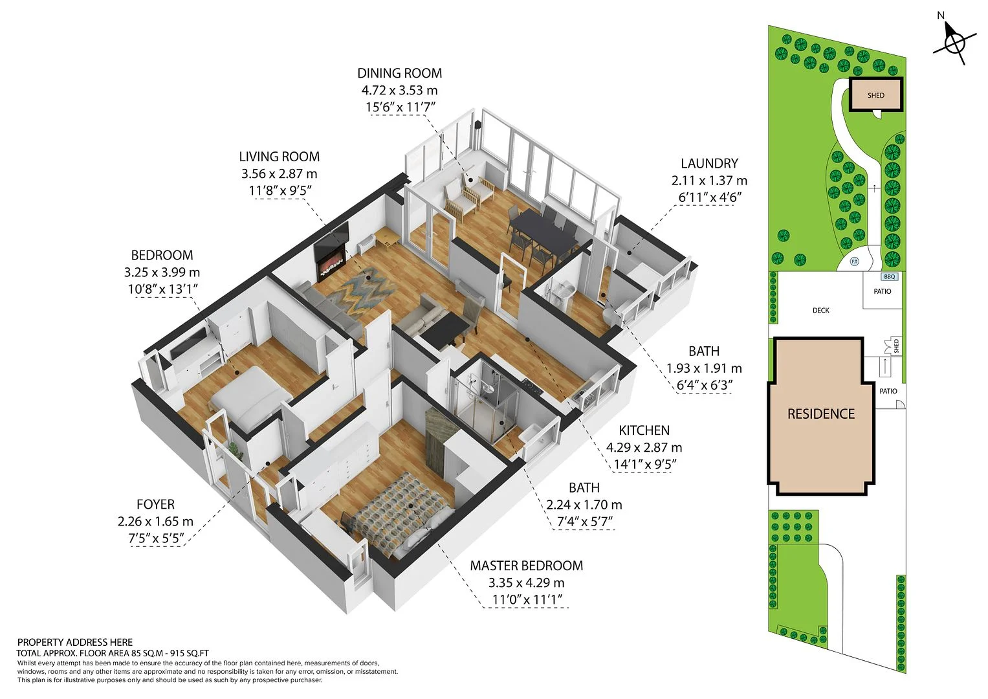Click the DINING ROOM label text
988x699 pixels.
[399, 72]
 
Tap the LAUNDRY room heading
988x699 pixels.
[708, 163]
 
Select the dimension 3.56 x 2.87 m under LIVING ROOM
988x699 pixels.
[279, 173]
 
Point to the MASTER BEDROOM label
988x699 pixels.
[526, 565]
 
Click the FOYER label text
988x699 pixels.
[155, 504]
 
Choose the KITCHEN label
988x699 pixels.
[644, 430]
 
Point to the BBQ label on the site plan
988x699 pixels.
[889, 277]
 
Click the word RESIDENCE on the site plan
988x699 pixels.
[821, 414]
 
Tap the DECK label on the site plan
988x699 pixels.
[820, 310]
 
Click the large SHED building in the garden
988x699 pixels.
[875, 95]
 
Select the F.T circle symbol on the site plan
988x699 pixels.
[854, 261]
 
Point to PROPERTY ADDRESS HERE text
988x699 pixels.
[75, 643]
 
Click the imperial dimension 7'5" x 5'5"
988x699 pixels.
[156, 538]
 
